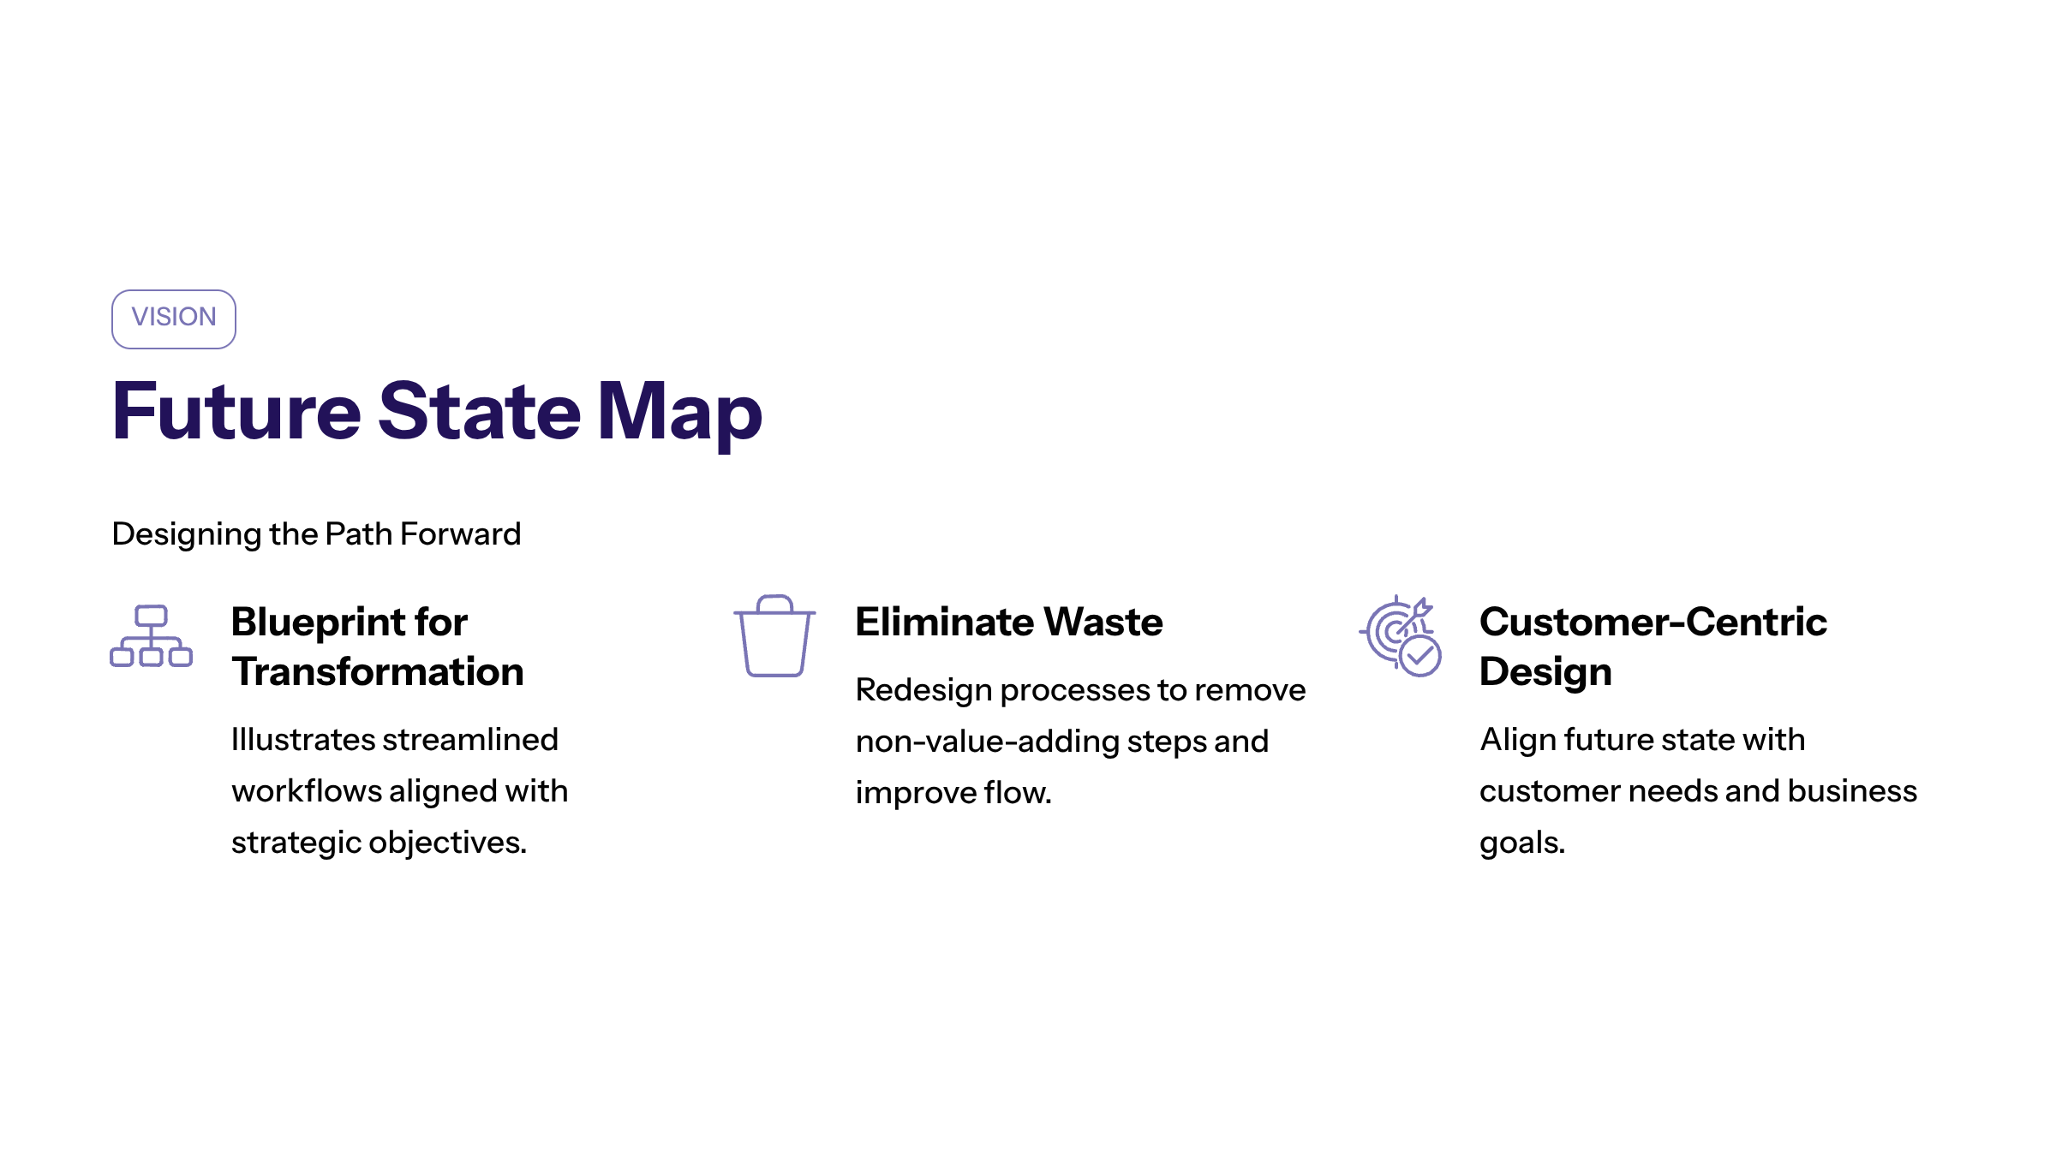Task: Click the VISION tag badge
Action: point(174,319)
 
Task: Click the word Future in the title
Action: point(236,411)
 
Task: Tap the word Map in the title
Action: point(679,416)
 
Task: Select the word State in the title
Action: point(480,411)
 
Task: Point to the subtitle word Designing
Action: point(187,535)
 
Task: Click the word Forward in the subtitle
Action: point(460,533)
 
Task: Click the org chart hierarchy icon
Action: point(151,636)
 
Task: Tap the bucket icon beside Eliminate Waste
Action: point(774,636)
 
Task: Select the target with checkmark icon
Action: point(1400,635)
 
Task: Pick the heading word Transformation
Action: point(378,671)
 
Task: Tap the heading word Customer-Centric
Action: point(1653,622)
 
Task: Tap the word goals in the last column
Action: point(1521,844)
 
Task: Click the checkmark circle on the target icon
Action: point(1420,656)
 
